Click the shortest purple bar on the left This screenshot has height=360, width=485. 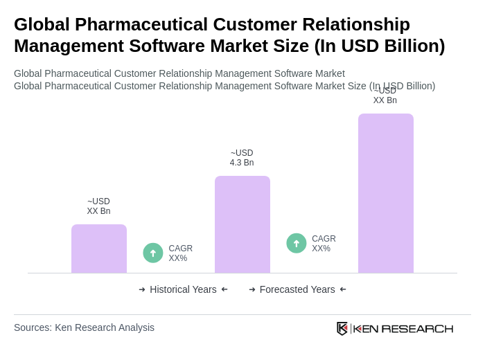pyautogui.click(x=99, y=249)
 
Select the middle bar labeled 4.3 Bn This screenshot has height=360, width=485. pyautogui.click(x=242, y=224)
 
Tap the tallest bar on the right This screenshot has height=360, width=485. pyautogui.click(x=385, y=193)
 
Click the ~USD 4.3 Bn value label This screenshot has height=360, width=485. pyautogui.click(x=242, y=158)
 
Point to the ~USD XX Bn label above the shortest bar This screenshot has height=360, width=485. pyautogui.click(x=98, y=206)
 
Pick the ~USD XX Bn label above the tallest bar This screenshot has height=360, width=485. pyautogui.click(x=385, y=96)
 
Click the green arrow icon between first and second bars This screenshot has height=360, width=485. pyautogui.click(x=153, y=253)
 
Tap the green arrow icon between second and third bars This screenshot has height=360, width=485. pyautogui.click(x=297, y=243)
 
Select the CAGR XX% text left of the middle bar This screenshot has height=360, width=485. pyautogui.click(x=180, y=253)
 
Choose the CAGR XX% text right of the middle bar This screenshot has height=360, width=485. pyautogui.click(x=324, y=244)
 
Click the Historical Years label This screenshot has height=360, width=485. pyautogui.click(x=183, y=289)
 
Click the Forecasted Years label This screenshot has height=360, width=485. pyautogui.click(x=297, y=289)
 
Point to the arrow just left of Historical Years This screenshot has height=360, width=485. pyautogui.click(x=142, y=289)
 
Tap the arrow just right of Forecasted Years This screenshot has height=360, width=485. pyautogui.click(x=343, y=289)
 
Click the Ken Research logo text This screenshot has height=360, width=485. pyautogui.click(x=403, y=328)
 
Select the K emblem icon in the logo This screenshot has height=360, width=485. pyautogui.click(x=342, y=328)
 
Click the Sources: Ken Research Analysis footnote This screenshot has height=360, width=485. pyautogui.click(x=84, y=327)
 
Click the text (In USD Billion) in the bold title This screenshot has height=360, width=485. pyautogui.click(x=379, y=46)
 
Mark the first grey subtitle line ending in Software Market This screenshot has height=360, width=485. pyautogui.click(x=179, y=73)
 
